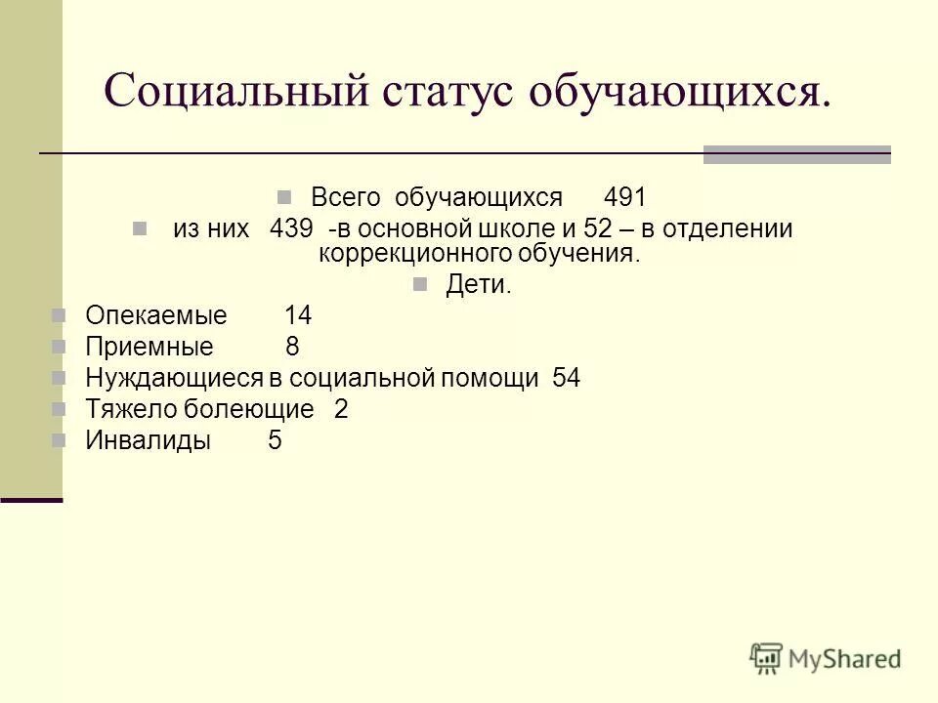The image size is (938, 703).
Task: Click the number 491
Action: pyautogui.click(x=625, y=197)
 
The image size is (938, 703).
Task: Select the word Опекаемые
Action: pyautogui.click(x=156, y=315)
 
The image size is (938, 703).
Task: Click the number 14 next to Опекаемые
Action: pyautogui.click(x=298, y=315)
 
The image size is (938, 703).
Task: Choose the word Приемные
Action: pyautogui.click(x=149, y=347)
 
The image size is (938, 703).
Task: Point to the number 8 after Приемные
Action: pyautogui.click(x=292, y=347)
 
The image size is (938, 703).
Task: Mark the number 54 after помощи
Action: pyautogui.click(x=566, y=378)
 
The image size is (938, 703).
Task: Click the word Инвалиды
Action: pyautogui.click(x=149, y=440)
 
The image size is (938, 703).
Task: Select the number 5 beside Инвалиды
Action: pyautogui.click(x=275, y=440)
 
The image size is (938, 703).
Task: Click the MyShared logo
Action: pyautogui.click(x=826, y=658)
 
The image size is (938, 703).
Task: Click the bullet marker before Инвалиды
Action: pyautogui.click(x=60, y=439)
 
